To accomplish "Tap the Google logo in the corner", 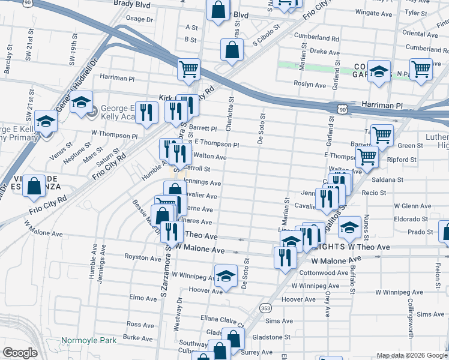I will [x=20, y=353].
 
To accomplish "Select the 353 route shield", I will [x=265, y=308].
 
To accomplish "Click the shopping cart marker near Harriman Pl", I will [x=188, y=70].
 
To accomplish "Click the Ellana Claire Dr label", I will [x=223, y=319].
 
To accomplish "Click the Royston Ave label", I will [x=140, y=256].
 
